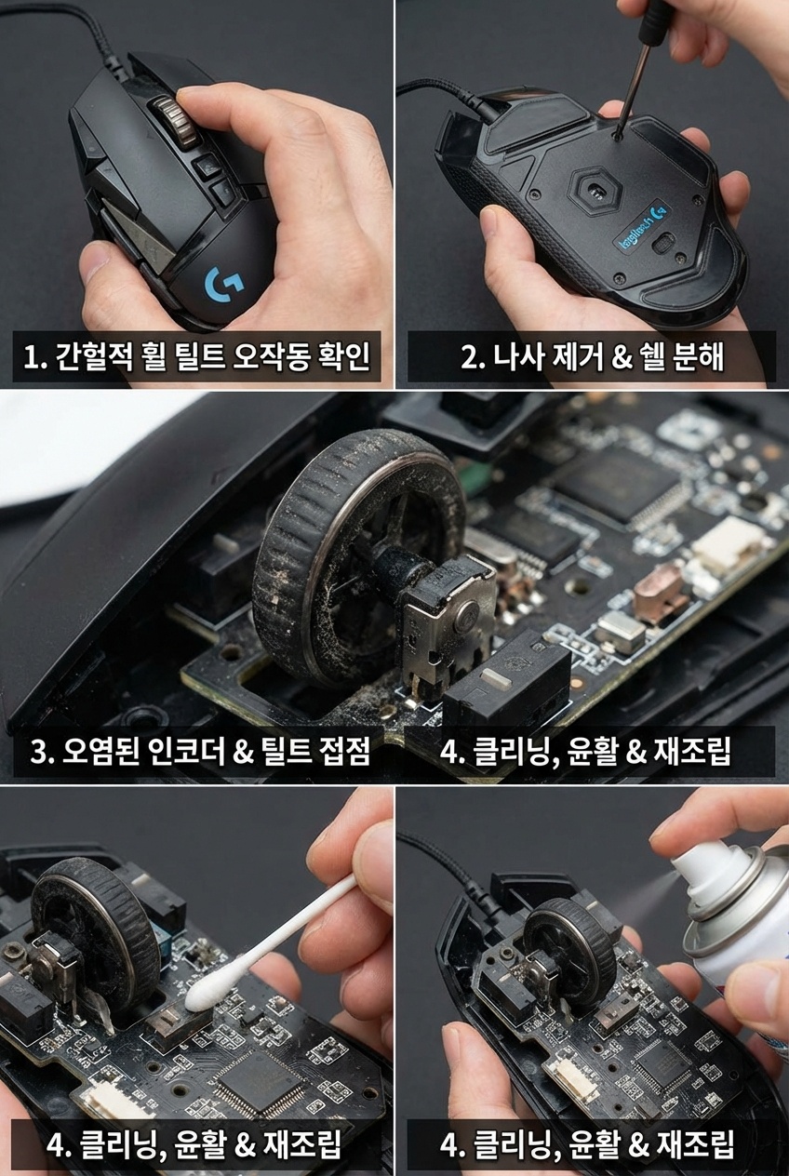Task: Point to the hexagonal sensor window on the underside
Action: tap(595, 192)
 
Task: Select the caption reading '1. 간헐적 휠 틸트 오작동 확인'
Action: tap(196, 356)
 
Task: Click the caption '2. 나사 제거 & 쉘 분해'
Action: tap(592, 356)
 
